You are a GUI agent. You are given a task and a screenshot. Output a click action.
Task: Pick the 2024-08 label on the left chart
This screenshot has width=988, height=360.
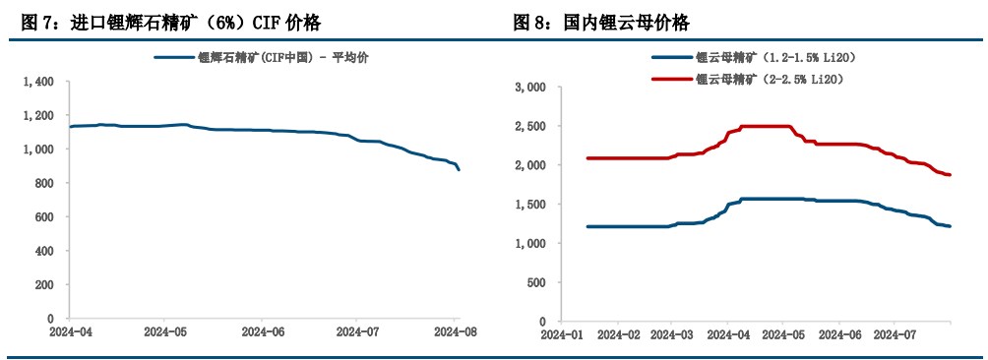point(458,333)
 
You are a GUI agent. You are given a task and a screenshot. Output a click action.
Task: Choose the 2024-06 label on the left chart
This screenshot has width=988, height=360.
point(263,333)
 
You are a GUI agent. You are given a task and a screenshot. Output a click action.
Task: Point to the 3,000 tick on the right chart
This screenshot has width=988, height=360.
point(530,88)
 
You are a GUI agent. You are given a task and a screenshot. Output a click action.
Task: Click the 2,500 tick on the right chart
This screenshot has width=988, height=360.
point(530,127)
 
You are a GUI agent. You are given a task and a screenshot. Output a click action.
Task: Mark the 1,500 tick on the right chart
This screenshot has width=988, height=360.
point(530,205)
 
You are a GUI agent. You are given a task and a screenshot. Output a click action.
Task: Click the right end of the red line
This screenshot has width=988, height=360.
point(950,174)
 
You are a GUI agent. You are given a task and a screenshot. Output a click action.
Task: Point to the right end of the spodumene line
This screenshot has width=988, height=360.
point(458,170)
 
